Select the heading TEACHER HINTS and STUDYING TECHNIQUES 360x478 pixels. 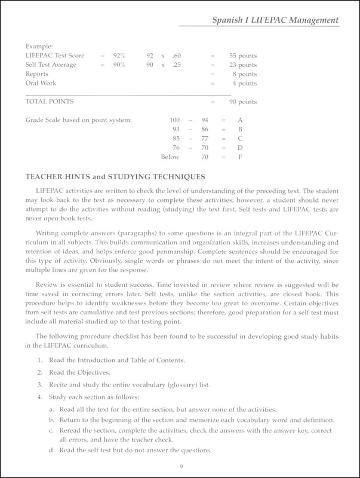[113, 177]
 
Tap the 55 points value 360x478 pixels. [242, 55]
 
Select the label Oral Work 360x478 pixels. [42, 84]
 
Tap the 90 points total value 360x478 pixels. [242, 102]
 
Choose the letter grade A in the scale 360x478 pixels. [241, 120]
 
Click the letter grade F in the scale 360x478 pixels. [241, 157]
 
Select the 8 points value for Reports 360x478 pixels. [245, 74]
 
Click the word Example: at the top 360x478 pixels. [39, 45]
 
